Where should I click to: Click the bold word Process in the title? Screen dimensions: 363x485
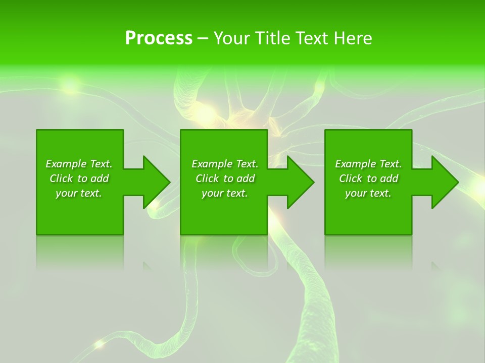[159, 38]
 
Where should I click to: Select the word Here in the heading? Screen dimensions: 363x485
[352, 38]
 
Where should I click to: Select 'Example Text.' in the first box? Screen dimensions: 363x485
[79, 164]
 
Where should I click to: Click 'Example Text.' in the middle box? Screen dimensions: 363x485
[225, 164]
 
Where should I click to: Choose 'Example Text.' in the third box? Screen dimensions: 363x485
[368, 164]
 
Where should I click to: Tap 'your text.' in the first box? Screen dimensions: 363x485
[79, 193]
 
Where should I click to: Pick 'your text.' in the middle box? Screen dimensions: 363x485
[225, 193]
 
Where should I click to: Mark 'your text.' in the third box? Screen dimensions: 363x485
[368, 193]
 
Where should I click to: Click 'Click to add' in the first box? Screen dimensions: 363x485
[79, 178]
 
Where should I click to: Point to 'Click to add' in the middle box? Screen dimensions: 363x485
[225, 178]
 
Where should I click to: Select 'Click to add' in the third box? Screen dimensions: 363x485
[368, 178]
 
